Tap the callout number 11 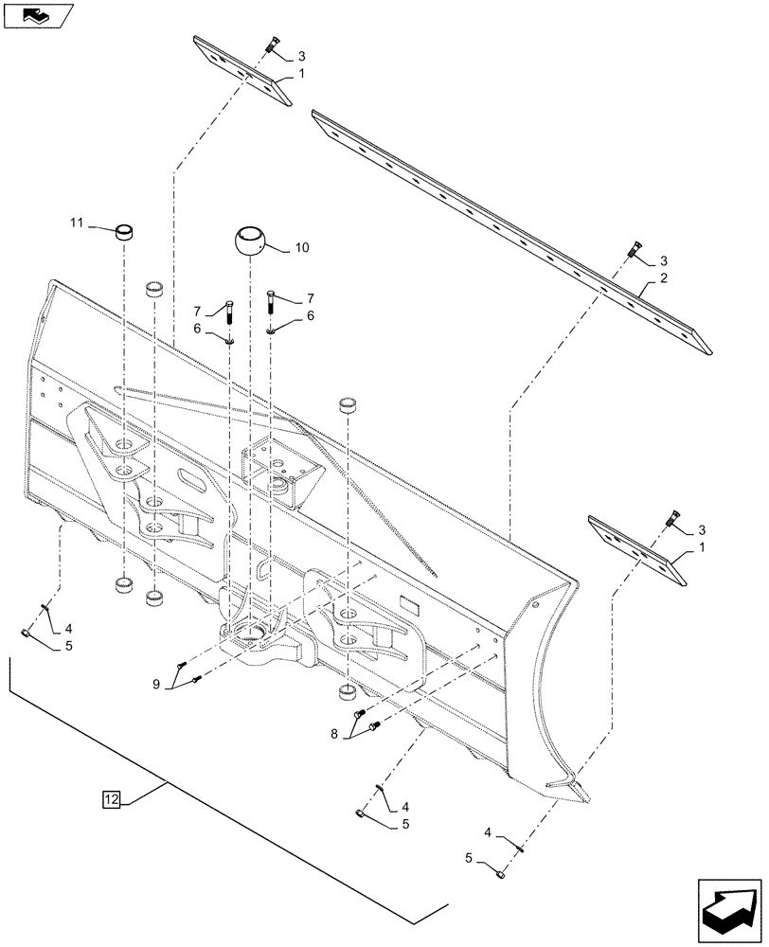(76, 223)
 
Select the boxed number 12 (111, 800)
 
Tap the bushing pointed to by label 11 (122, 232)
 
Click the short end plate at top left (243, 71)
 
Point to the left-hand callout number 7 (199, 311)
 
